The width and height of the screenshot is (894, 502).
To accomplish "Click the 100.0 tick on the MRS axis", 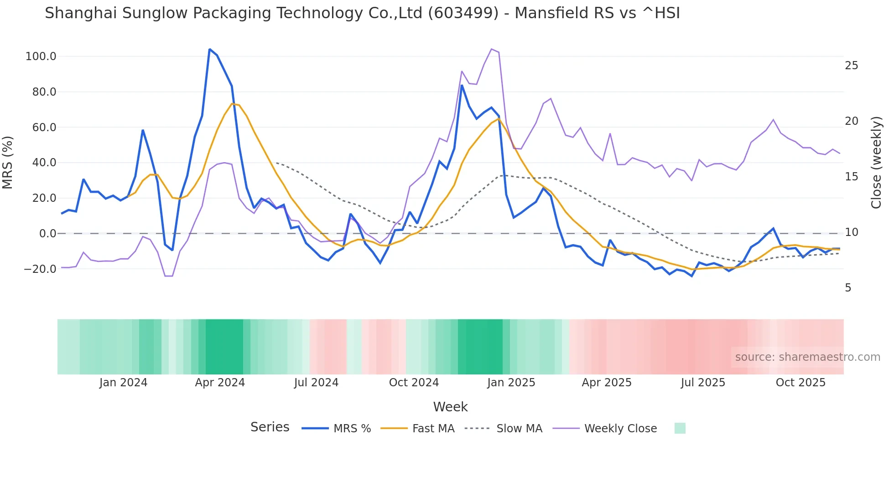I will (x=41, y=56).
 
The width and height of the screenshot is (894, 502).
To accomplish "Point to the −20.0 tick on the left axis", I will (x=40, y=269).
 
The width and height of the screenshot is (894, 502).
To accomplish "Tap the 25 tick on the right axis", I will (x=851, y=66).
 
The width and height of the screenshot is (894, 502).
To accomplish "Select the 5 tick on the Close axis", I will (x=848, y=288).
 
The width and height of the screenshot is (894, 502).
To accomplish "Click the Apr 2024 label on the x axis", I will (x=220, y=383).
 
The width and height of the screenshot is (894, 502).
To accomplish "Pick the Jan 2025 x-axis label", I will (x=511, y=383).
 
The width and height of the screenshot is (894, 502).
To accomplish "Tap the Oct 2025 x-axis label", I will (x=800, y=383).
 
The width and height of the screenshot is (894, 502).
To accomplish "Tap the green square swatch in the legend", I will (x=680, y=428).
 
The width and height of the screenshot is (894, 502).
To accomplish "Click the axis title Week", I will (x=450, y=407).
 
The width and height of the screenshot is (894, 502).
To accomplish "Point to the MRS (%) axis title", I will (x=8, y=162).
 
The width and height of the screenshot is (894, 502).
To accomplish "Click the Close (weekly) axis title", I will (x=876, y=162).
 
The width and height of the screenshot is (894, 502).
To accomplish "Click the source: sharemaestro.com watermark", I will (x=807, y=357).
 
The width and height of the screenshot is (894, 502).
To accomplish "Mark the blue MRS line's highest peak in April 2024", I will (x=209, y=49).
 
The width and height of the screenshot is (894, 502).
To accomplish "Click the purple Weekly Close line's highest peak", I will (x=491, y=49).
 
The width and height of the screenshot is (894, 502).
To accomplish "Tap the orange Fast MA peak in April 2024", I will (x=232, y=104).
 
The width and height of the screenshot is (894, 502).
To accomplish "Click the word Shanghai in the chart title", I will (x=76, y=13).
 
